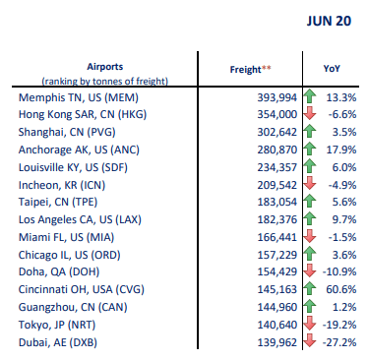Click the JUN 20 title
pos(329,21)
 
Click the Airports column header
pos(105,67)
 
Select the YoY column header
pos(332,69)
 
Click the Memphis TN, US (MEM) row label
pos(79,97)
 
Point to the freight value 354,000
pos(277,115)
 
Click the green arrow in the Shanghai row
pos(309,132)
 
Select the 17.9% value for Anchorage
pos(341,150)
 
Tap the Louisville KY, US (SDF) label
pos(73,167)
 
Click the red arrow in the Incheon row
pos(309,184)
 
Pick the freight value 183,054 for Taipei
pos(277,202)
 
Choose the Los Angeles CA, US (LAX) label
pos(80,219)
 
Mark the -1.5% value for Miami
pos(342,237)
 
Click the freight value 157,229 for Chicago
pos(277,255)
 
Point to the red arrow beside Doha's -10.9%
pos(309,271)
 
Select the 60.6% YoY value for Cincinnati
pos(341,290)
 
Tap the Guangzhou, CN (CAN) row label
pos(73,308)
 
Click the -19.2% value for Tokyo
pos(339,326)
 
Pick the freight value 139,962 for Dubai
pos(277,342)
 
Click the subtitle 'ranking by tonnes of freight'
pos(105,81)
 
